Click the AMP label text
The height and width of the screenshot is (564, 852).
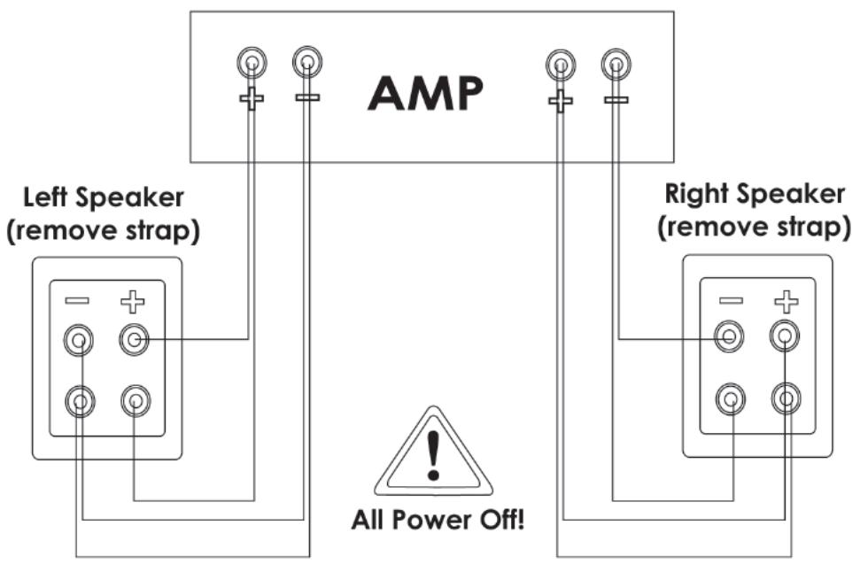click(x=426, y=91)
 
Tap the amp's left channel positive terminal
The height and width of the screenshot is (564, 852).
click(x=252, y=64)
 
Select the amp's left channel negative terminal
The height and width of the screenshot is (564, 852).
click(x=306, y=63)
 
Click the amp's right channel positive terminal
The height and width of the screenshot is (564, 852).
click(x=560, y=64)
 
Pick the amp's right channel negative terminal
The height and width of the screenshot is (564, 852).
click(x=616, y=64)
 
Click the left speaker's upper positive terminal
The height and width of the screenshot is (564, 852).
click(x=134, y=338)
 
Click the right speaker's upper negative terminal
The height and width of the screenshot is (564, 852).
click(x=730, y=335)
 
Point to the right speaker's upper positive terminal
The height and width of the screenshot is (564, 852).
click(x=785, y=335)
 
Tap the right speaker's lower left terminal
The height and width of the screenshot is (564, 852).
click(x=730, y=399)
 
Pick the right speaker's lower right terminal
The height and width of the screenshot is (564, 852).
click(x=785, y=399)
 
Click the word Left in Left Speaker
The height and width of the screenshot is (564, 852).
click(x=46, y=196)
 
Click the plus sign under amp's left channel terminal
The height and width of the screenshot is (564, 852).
click(x=252, y=98)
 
